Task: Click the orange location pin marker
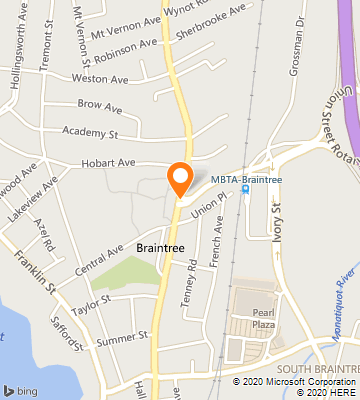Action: coord(180,177)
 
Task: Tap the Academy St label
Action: coord(90,131)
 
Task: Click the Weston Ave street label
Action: coord(100,78)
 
